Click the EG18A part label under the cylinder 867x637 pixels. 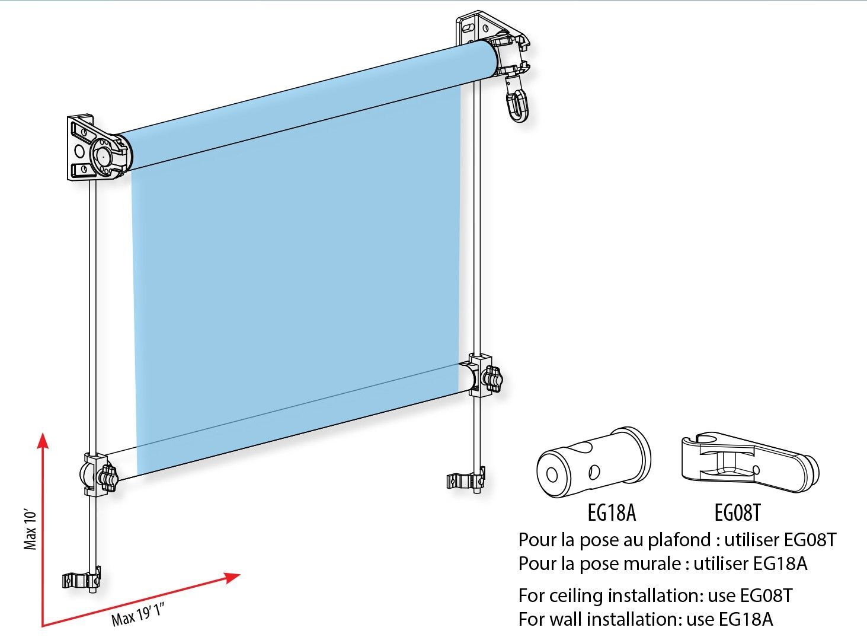612,512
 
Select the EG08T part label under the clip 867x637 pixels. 737,512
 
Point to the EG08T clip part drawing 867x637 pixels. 750,462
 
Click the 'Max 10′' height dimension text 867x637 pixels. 30,528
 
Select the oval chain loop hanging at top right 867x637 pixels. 517,103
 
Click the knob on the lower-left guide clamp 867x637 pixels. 107,479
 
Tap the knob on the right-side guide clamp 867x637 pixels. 492,378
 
